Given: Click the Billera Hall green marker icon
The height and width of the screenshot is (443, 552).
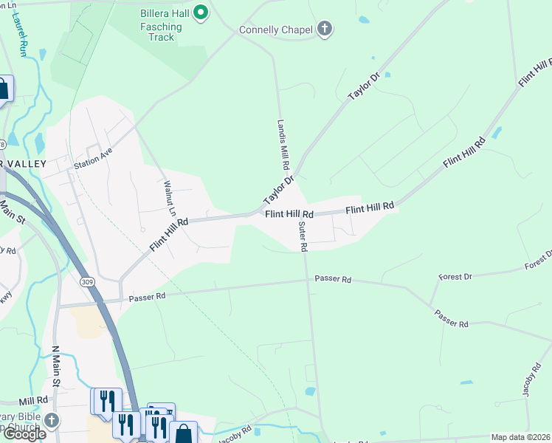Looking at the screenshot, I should (199, 13).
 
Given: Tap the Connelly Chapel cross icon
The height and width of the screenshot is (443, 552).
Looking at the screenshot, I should (324, 30).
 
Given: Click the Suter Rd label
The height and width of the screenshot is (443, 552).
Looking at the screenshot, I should (303, 237).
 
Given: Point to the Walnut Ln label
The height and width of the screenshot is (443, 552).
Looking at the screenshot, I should (170, 199).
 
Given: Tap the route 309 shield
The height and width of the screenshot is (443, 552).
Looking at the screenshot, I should (87, 282).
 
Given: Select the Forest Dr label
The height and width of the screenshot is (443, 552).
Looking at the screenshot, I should (455, 277).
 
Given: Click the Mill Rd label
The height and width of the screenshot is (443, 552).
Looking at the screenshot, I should (33, 399).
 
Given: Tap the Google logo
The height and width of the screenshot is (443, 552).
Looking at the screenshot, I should (24, 434).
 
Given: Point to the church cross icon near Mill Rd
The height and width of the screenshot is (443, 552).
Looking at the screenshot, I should (51, 420).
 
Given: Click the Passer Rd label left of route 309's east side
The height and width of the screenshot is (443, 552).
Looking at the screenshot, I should (147, 298).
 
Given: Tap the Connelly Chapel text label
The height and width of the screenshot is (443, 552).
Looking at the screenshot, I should (275, 30).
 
